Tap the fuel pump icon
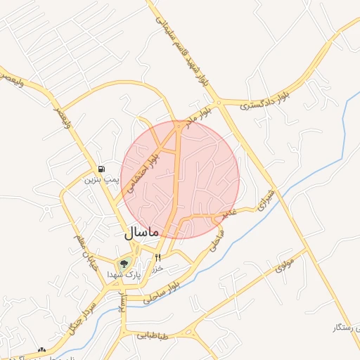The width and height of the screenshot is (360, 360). click(x=102, y=169)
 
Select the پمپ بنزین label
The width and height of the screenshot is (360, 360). click(x=99, y=180)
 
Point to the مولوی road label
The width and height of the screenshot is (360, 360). click(x=284, y=264)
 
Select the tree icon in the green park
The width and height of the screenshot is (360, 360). click(x=124, y=264)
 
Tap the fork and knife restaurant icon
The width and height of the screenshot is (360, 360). click(x=157, y=257)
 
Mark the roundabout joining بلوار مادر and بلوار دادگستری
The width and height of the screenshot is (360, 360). click(x=219, y=103)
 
